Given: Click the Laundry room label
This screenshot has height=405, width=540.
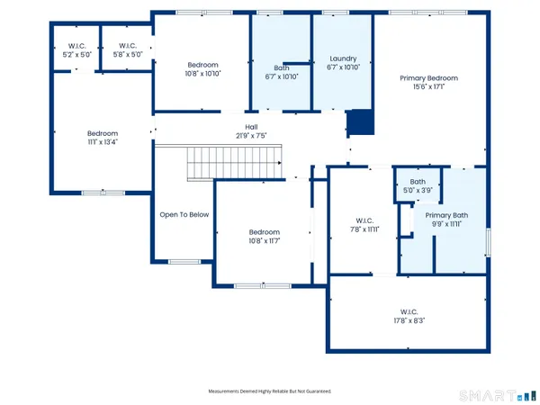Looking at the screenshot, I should tap(343, 59).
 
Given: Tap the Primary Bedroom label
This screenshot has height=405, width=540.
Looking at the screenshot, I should tap(429, 78).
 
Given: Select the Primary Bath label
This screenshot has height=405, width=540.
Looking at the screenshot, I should tap(446, 215).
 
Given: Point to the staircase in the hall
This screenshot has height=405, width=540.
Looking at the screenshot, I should tap(235, 166).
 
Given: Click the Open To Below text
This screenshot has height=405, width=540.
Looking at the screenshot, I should tap(184, 215).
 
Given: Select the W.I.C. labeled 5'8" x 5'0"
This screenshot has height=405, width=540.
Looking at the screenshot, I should tap(126, 50).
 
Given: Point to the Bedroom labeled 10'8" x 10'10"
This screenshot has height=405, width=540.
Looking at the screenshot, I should tap(202, 69).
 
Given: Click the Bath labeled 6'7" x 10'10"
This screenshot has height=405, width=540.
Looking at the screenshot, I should tap(280, 72).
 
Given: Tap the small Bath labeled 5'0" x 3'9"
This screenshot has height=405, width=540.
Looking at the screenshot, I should tap(418, 186).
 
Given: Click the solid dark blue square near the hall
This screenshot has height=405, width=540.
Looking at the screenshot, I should tap(360, 121).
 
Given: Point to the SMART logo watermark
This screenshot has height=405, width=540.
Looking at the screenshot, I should tap(493, 394).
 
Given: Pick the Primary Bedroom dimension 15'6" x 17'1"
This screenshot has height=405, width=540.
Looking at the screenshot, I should tap(429, 87).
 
